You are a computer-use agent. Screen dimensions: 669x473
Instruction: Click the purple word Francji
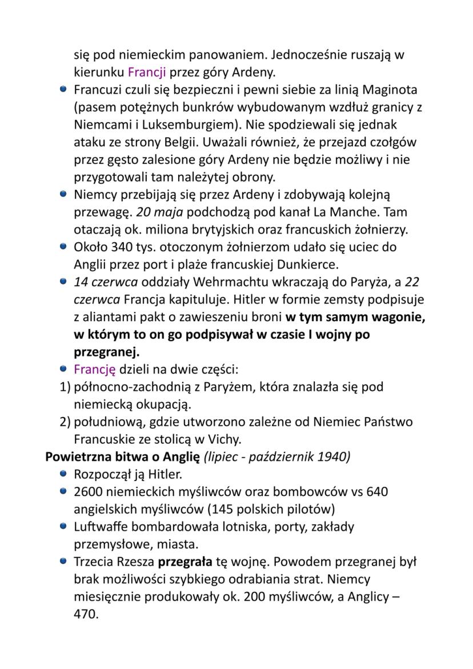tap(147, 73)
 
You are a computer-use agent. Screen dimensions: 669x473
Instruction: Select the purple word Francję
tap(95, 369)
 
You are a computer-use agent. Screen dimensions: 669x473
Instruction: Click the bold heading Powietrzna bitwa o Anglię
tap(123, 457)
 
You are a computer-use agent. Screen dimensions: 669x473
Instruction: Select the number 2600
tap(89, 492)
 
